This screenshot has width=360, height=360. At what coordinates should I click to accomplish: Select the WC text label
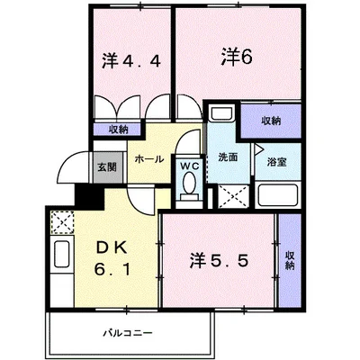[x=188, y=165]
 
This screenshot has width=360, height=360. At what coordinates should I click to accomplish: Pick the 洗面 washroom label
[x=228, y=157]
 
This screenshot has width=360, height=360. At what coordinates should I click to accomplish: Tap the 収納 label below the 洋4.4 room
[x=119, y=130]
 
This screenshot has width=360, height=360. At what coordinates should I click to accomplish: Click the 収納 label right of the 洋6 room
[x=271, y=120]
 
